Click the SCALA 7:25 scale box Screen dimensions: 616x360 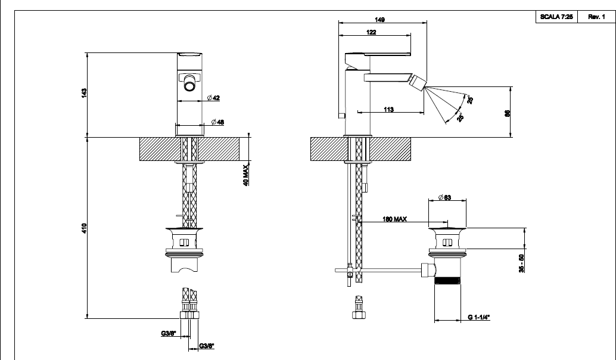click(556, 17)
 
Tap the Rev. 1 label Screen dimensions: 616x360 click(596, 17)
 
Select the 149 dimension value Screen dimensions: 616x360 click(379, 20)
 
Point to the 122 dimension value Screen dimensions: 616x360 click(371, 32)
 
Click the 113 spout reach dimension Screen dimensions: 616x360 click(388, 110)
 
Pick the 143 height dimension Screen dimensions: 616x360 click(84, 93)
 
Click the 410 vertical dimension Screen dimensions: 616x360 click(84, 228)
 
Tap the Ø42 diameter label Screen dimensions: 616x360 click(213, 98)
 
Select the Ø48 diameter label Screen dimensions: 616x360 click(217, 122)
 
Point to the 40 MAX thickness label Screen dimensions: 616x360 click(246, 175)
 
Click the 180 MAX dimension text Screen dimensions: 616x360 click(395, 219)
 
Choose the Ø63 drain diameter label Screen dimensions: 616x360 click(444, 197)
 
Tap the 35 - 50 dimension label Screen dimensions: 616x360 click(521, 263)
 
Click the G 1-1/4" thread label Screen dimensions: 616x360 click(479, 317)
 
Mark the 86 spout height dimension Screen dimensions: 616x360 click(507, 113)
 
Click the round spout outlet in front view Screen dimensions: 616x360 click(190, 85)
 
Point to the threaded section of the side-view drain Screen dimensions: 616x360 click(447, 281)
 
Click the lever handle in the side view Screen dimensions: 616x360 click(378, 58)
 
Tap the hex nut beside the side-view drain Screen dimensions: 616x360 click(428, 271)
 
